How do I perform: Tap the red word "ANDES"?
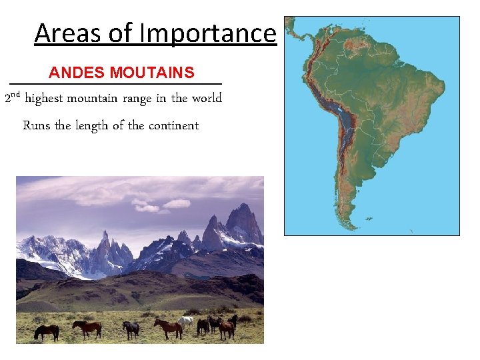pyautogui.click(x=77, y=72)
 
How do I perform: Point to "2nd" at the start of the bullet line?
pyautogui.click(x=13, y=98)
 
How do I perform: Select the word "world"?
pyautogui.click(x=207, y=99)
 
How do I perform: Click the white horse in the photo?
pyautogui.click(x=186, y=321)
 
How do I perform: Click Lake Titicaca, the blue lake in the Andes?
pyautogui.click(x=341, y=111)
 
